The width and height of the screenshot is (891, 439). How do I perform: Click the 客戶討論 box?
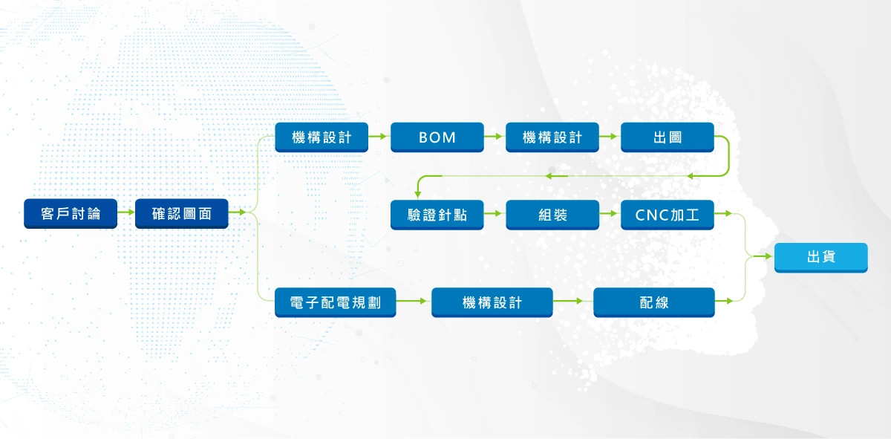pos(71,214)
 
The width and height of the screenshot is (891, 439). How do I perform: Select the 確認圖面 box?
pos(182,214)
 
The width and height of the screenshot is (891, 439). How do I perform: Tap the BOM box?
pos(437,137)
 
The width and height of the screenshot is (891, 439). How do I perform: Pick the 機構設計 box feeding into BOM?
pos(322,137)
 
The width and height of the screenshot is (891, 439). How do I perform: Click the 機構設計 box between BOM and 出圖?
pos(552,137)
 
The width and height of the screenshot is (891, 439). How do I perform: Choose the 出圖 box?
pos(668,137)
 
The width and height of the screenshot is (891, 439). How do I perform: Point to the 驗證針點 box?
pos(437,215)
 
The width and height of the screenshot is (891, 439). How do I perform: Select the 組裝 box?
pos(552,215)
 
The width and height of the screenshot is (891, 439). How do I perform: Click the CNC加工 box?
pos(668,215)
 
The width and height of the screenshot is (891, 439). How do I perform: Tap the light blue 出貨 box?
pos(820,257)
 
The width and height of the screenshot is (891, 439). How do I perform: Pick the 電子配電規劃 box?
pos(336,302)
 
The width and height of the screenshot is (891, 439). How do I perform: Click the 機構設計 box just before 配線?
pos(492,302)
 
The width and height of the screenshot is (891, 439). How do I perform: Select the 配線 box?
pos(654,302)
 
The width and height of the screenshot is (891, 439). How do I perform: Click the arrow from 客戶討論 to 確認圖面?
pos(126,214)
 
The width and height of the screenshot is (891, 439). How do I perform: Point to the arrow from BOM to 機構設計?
pos(495,137)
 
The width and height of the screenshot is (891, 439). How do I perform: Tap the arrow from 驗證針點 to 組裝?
pos(495,215)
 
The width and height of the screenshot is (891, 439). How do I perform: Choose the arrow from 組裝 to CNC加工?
pos(610,215)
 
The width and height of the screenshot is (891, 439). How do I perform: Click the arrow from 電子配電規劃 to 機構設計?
pos(414,302)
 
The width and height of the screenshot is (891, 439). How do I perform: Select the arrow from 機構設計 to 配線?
pos(573,302)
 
